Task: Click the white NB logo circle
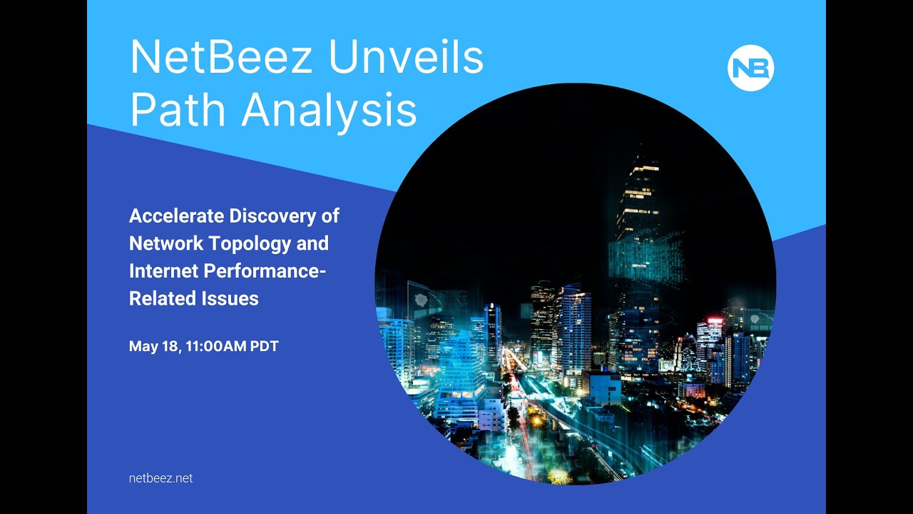tap(750, 69)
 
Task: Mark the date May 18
tap(153, 347)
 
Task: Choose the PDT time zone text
tap(264, 347)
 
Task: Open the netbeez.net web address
tap(161, 478)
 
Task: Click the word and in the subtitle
tap(312, 243)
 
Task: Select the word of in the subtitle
tap(330, 216)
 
